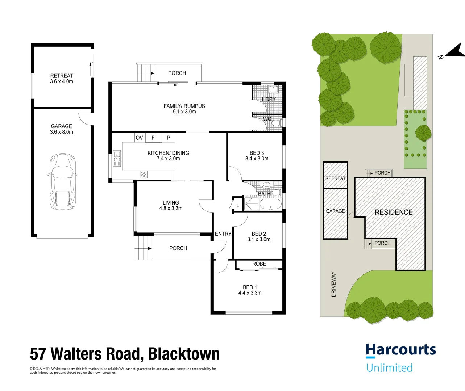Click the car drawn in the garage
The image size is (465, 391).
[x=63, y=182]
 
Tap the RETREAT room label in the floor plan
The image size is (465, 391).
[x=62, y=76]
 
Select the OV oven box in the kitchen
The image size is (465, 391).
[x=140, y=138]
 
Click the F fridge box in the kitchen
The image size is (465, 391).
[x=153, y=138]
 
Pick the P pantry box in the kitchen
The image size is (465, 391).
[x=169, y=138]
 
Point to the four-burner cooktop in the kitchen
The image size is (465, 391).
[x=144, y=175]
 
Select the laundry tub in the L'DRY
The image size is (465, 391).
[x=273, y=89]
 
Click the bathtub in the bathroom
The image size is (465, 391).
[x=271, y=204]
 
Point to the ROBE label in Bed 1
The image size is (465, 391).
[x=259, y=264]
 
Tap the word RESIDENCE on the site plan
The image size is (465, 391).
[x=394, y=212]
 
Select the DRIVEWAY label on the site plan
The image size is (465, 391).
[x=333, y=284]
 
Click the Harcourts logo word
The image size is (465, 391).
[x=401, y=350]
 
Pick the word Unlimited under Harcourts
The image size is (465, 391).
[x=390, y=367]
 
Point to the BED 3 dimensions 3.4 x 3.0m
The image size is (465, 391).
[x=257, y=159]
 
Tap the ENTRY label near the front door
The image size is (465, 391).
[x=223, y=234]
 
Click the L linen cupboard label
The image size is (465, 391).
[x=238, y=205]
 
